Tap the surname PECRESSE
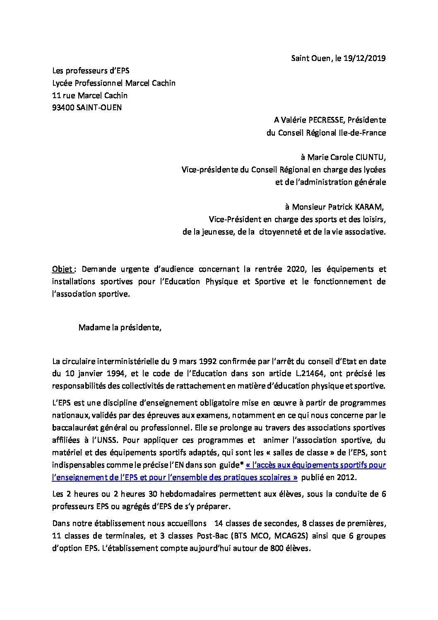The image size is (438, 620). [325, 120]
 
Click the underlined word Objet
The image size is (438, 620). [62, 269]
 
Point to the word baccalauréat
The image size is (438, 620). [77, 428]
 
